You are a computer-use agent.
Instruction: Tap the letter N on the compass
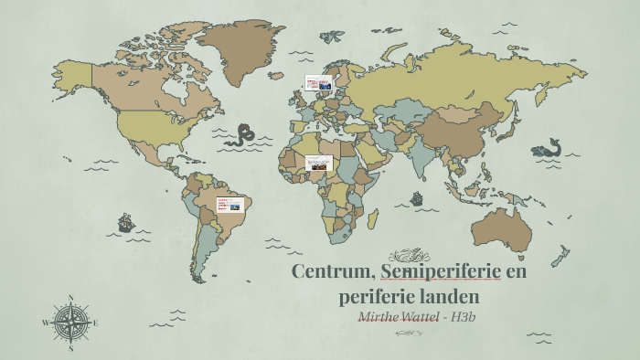tap(71, 298)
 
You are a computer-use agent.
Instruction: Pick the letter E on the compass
tap(95, 323)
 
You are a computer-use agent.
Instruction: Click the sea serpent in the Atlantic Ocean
tap(242, 136)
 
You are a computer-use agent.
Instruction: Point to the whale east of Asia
tap(549, 148)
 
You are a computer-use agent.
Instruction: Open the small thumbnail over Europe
tap(318, 83)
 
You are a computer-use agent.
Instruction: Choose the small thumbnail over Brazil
tap(228, 205)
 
